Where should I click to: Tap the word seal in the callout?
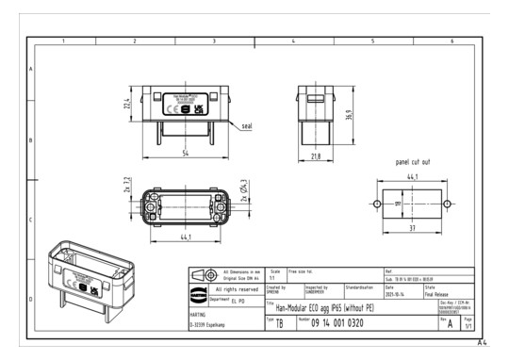246,125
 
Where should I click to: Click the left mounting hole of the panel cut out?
377,204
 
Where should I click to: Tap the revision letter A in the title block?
450,323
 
